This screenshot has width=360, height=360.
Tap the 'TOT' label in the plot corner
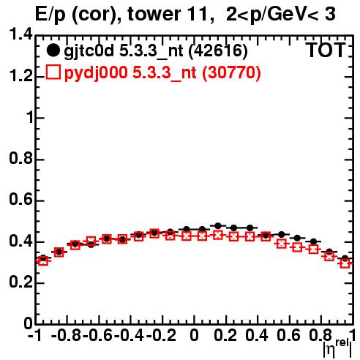pyautogui.click(x=326, y=50)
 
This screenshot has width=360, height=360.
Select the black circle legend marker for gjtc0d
pyautogui.click(x=53, y=50)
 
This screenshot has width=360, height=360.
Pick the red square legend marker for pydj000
pyautogui.click(x=53, y=72)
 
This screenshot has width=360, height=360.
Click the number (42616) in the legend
pyautogui.click(x=218, y=51)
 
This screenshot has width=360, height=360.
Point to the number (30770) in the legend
pyautogui.click(x=231, y=72)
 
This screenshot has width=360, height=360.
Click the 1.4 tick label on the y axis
pyautogui.click(x=20, y=34)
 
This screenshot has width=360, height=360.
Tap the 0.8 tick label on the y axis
pyautogui.click(x=20, y=158)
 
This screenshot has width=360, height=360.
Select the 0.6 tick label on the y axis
pyautogui.click(x=20, y=199)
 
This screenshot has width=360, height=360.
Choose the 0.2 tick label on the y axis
pyautogui.click(x=20, y=282)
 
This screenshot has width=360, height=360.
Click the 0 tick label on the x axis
pyautogui.click(x=194, y=335)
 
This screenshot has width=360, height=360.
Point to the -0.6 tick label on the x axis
pyautogui.click(x=97, y=335)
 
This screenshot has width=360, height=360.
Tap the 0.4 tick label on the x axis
pyautogui.click(x=257, y=335)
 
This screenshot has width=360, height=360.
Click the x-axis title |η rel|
pyautogui.click(x=337, y=348)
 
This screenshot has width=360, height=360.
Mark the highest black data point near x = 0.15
pyautogui.click(x=218, y=226)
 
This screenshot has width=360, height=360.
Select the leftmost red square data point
pyautogui.click(x=43, y=261)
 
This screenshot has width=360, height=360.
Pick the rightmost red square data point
pyautogui.click(x=345, y=263)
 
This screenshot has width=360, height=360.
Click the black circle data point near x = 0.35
pyautogui.click(x=250, y=228)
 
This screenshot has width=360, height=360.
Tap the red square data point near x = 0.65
pyautogui.click(x=297, y=247)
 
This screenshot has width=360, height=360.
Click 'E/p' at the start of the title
pyautogui.click(x=50, y=15)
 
